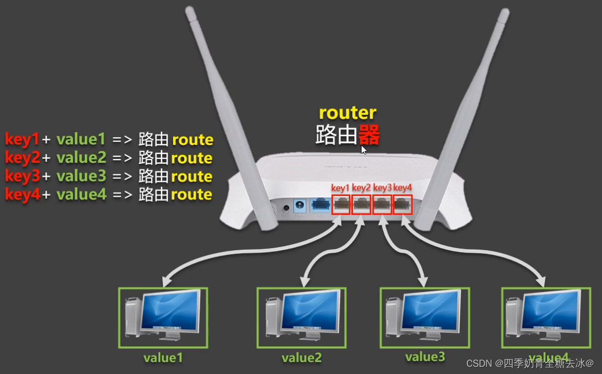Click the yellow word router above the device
point(347,113)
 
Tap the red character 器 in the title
point(369,136)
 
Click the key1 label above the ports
point(340,188)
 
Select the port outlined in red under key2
point(361,205)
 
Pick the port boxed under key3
point(382,205)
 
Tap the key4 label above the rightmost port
point(403,188)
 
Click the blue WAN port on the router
point(320,207)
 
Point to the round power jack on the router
point(286,208)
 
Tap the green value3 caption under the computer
point(425,357)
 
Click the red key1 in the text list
point(22,139)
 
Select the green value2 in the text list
point(81,158)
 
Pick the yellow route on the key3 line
point(192,176)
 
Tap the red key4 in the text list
point(22,195)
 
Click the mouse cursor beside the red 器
point(364,149)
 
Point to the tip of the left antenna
point(189,10)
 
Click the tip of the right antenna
point(504,11)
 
